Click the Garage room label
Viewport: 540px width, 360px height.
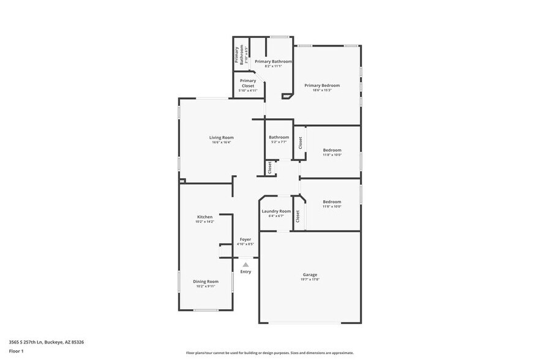click(x=310, y=275)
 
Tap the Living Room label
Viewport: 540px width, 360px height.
click(x=221, y=138)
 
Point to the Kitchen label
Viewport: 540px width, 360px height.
click(x=204, y=217)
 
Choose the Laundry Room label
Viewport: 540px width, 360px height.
click(x=276, y=211)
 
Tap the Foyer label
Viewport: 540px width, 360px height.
click(x=246, y=239)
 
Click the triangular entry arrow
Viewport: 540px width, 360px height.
click(x=246, y=264)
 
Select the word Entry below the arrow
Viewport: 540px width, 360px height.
click(x=246, y=272)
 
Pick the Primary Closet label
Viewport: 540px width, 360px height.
click(x=248, y=83)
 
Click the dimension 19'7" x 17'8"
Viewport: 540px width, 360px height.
click(x=310, y=280)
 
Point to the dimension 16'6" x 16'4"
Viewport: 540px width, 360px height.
click(x=221, y=143)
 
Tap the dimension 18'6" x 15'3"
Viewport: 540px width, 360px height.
click(x=322, y=90)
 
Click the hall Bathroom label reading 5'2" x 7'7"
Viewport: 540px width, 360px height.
click(x=279, y=141)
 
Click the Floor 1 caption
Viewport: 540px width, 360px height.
click(x=16, y=351)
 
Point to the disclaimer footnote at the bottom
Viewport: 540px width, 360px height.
click(x=269, y=353)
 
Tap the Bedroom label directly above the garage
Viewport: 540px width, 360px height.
click(x=332, y=201)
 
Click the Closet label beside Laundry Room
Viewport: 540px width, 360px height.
click(x=298, y=216)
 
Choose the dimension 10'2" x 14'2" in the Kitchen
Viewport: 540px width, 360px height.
click(x=204, y=222)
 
